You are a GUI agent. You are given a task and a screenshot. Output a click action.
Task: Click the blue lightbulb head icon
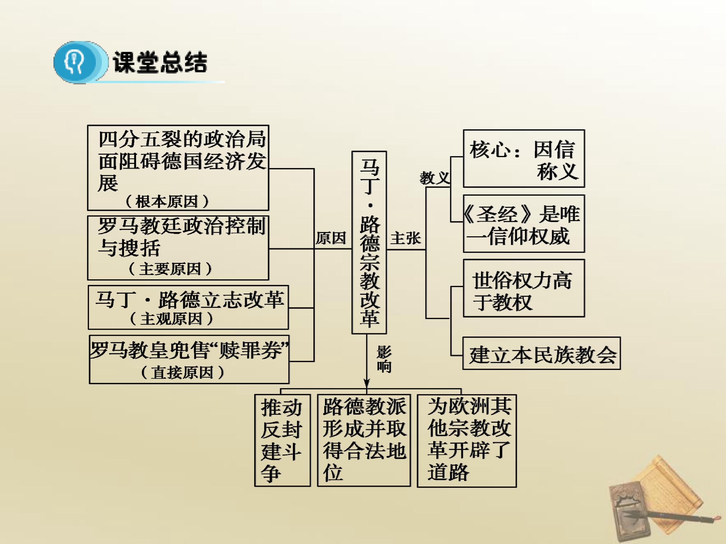coord(81,62)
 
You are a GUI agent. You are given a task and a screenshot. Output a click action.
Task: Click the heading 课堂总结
coord(160,62)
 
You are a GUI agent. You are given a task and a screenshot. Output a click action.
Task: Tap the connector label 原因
coord(331,238)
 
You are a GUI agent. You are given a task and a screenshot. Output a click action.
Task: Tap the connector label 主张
coord(406,238)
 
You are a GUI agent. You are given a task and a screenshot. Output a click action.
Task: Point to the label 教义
coord(435,178)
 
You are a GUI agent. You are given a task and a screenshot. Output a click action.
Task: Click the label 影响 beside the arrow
coord(384,359)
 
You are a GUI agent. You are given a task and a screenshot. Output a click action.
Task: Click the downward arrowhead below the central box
coord(367,384)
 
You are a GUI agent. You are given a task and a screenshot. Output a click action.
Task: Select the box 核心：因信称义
coord(524,159)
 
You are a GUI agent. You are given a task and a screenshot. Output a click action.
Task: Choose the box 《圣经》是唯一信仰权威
coord(524,224)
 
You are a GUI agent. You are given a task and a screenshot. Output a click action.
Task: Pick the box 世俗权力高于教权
coord(524,288)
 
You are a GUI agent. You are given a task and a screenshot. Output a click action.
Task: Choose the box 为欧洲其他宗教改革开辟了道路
coord(467,441)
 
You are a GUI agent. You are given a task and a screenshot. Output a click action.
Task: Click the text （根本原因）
coord(167,201)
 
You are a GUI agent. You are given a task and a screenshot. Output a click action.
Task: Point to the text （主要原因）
coord(170,269)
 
